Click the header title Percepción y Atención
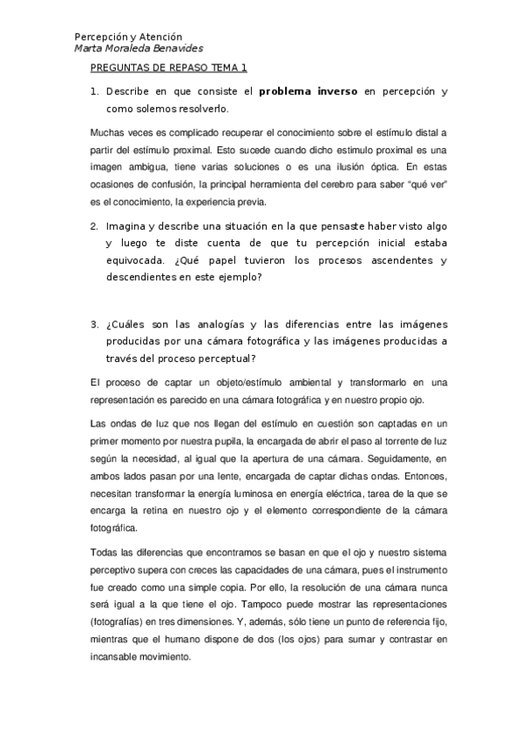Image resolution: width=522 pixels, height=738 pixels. (128, 37)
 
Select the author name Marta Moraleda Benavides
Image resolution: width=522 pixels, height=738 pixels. (139, 49)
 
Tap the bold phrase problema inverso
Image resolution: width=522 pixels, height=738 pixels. (308, 91)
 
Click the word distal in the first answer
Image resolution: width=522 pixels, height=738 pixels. (426, 132)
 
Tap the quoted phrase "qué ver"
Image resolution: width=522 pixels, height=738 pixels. (420, 184)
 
